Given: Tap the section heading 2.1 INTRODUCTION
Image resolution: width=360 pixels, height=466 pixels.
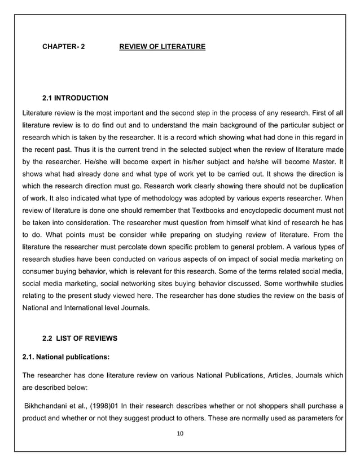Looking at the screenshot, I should coord(75,98).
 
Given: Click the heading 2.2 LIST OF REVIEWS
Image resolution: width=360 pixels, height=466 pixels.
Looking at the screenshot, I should coord(80,338).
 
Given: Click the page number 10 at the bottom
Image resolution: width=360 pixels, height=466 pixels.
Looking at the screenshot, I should coord(181,433).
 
